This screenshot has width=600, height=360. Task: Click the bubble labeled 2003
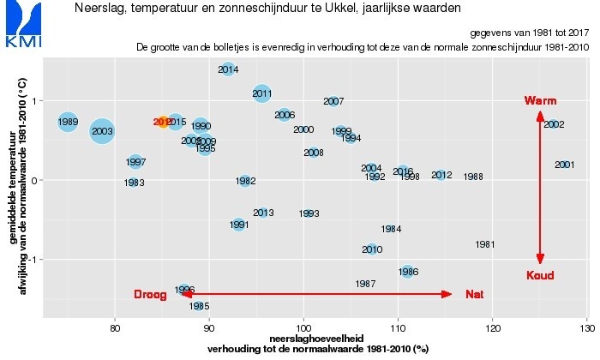coord(102,131)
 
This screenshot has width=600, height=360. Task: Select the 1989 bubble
coord(68,122)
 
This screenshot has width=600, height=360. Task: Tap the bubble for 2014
coord(228,69)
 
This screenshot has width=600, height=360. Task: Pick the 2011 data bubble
coord(262,93)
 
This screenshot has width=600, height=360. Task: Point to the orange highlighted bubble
coord(163,123)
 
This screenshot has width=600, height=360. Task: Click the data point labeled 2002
coord(553,124)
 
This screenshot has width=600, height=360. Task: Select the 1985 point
coord(199,305)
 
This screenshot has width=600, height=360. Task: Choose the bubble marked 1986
coord(408,272)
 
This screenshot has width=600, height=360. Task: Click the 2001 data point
coord(564,165)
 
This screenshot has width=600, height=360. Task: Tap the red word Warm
coord(540,101)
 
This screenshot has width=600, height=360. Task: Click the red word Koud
coord(540,275)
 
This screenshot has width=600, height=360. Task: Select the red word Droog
coord(150,295)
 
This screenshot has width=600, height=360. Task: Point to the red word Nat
coord(474,295)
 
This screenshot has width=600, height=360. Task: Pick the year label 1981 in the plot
coord(485,244)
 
